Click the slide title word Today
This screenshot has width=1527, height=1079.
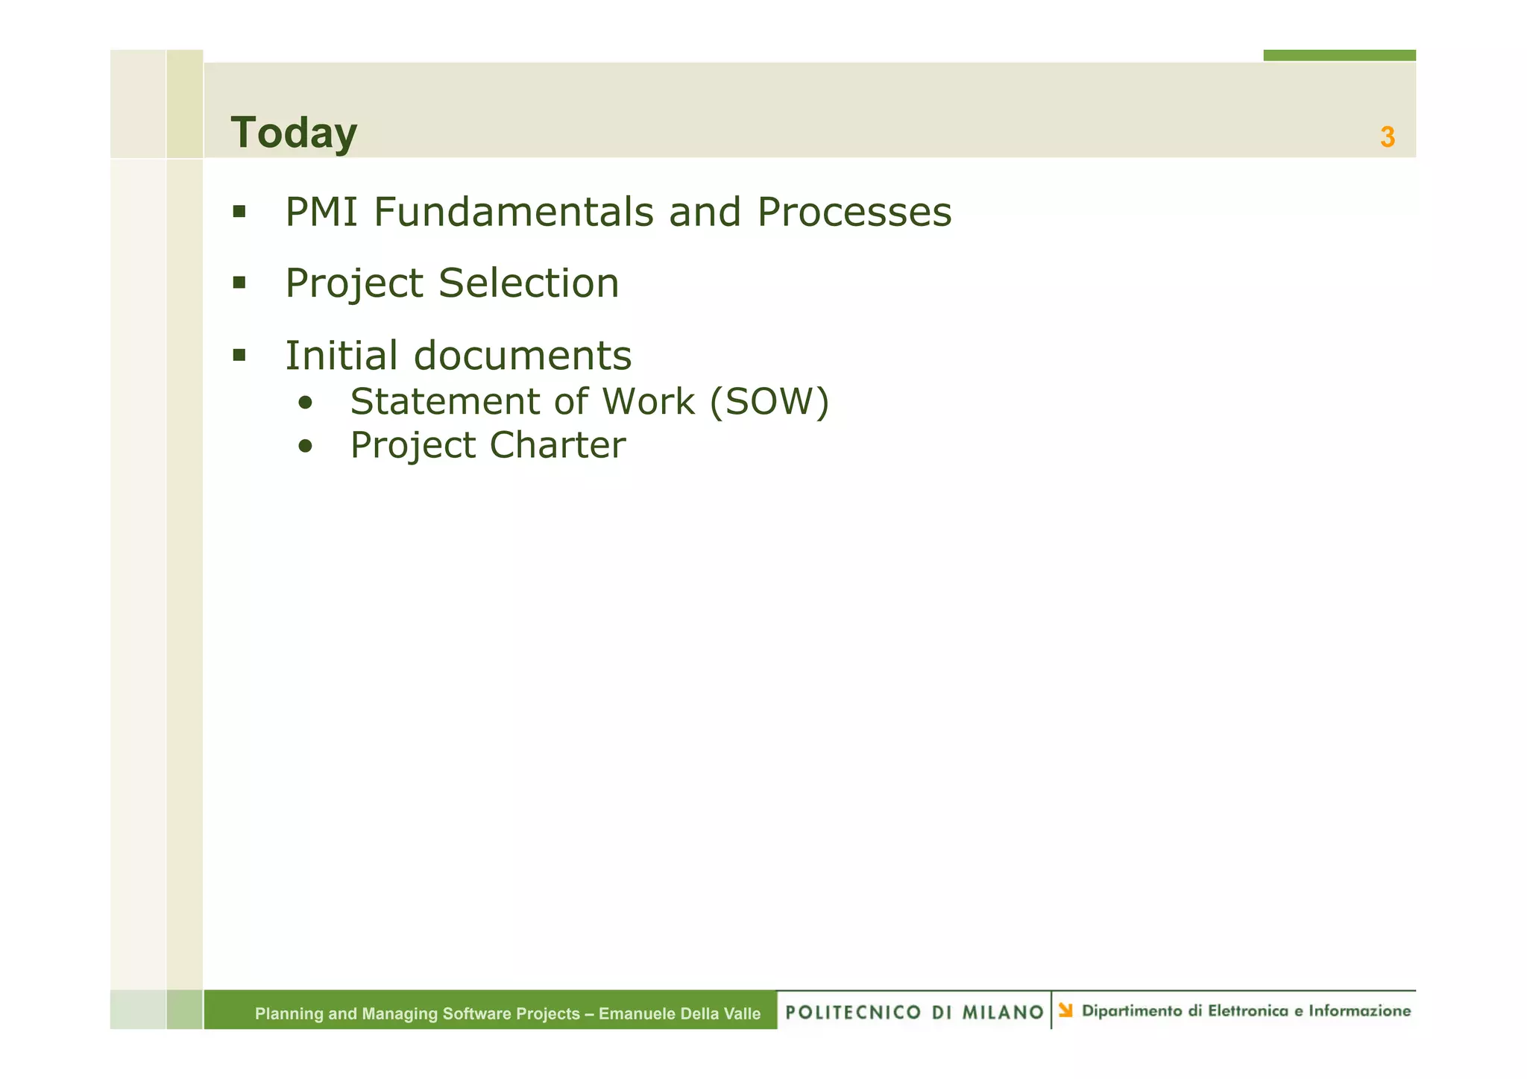[294, 133]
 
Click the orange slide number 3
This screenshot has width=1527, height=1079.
[1387, 137]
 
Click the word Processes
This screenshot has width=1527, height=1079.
[854, 213]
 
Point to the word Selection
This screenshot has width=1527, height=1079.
[529, 284]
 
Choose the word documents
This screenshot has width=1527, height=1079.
[522, 356]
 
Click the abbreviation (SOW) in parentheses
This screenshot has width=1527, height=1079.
[769, 402]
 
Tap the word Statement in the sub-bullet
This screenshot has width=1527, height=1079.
[445, 402]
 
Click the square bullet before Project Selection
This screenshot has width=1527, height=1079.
[239, 283]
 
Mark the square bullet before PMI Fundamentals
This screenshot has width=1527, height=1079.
[239, 212]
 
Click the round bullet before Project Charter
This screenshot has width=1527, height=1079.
[305, 447]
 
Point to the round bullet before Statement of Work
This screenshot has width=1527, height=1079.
[305, 403]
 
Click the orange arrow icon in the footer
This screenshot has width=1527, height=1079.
[1065, 1010]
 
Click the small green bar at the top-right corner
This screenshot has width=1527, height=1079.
[1339, 55]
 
